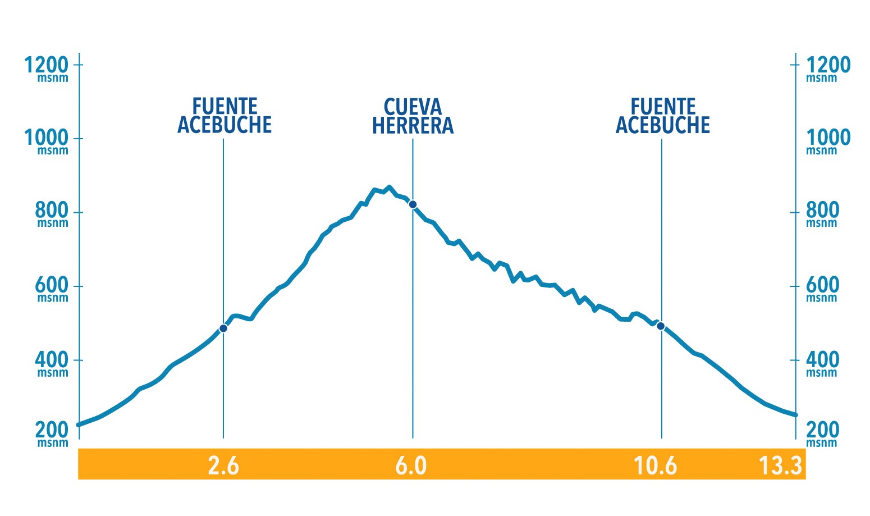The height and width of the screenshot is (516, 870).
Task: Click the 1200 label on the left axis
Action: click(46, 66)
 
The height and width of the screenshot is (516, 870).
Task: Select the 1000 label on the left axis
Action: click(46, 138)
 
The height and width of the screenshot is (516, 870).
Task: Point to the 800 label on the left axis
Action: click(52, 211)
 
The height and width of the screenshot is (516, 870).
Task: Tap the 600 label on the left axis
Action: click(52, 286)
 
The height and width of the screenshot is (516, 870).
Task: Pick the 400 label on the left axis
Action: click(52, 360)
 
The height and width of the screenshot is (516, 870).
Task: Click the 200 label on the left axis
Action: click(52, 431)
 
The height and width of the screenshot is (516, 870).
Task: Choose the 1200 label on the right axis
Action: click(828, 66)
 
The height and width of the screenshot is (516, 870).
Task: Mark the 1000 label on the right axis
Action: click(828, 138)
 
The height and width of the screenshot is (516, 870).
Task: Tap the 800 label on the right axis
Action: click(822, 211)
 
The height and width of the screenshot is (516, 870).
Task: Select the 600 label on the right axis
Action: click(822, 286)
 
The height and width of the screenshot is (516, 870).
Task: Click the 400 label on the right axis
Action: click(822, 360)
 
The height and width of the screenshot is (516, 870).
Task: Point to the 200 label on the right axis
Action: click(822, 431)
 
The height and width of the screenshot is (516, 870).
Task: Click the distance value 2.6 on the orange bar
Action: click(223, 466)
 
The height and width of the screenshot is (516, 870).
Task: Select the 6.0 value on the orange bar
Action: click(411, 466)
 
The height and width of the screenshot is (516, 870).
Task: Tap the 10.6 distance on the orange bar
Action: click(655, 466)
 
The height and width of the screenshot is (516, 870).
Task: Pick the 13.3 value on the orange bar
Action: click(780, 466)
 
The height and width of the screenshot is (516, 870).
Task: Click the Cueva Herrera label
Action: click(413, 116)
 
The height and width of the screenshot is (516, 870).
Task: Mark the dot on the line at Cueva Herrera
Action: click(413, 204)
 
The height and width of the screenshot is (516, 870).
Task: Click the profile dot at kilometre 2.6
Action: click(223, 328)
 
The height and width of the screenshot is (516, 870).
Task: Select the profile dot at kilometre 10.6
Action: click(661, 326)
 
